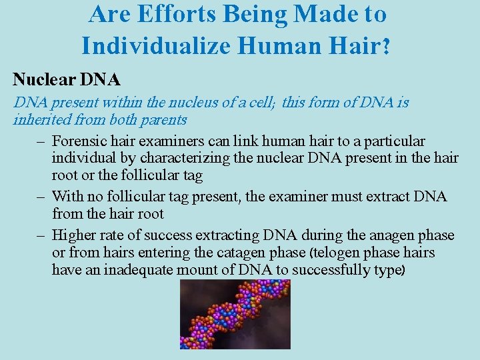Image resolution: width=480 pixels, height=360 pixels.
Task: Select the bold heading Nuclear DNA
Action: tap(67, 80)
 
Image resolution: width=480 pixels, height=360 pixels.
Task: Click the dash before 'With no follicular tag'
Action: tap(40, 197)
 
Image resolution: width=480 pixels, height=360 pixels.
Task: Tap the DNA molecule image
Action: tap(235, 313)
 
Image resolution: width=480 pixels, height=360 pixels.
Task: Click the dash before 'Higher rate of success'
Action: tap(40, 235)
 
